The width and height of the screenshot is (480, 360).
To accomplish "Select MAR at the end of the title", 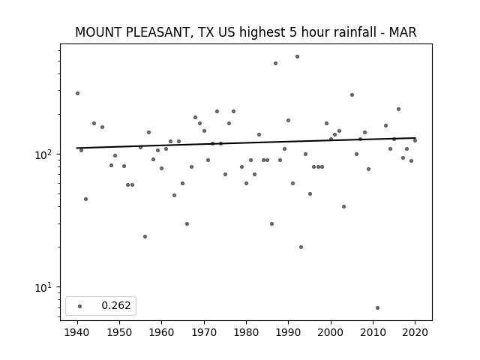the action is pos(403,32).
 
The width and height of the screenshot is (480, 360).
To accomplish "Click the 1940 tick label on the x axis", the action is pos(77,332).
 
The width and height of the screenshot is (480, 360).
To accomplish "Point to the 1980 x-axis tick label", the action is pos(246,332).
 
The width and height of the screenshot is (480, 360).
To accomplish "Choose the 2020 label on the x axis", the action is pos(415,332).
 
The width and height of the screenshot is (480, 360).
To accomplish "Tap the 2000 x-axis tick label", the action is pos(331,332).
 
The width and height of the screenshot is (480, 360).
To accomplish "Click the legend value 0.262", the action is pos(116,305).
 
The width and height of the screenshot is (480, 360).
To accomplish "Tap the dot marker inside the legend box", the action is pos(80,306).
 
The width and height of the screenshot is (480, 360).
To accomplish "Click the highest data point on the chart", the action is pos(297,57).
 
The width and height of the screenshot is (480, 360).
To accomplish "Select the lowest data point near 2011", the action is pos(377,307).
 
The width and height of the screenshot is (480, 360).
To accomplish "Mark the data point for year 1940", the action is pos(77,93).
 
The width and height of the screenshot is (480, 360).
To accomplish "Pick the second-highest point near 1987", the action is pos(275,63).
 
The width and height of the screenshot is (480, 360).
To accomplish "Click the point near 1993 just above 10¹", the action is pos(301,247).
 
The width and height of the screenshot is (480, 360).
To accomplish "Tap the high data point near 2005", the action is pos(352,95).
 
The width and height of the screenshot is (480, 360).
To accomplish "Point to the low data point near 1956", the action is pos(145,237).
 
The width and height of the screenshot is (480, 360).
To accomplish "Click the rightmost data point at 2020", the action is pos(415,140).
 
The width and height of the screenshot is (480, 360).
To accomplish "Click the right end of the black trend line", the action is pos(415,138).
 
